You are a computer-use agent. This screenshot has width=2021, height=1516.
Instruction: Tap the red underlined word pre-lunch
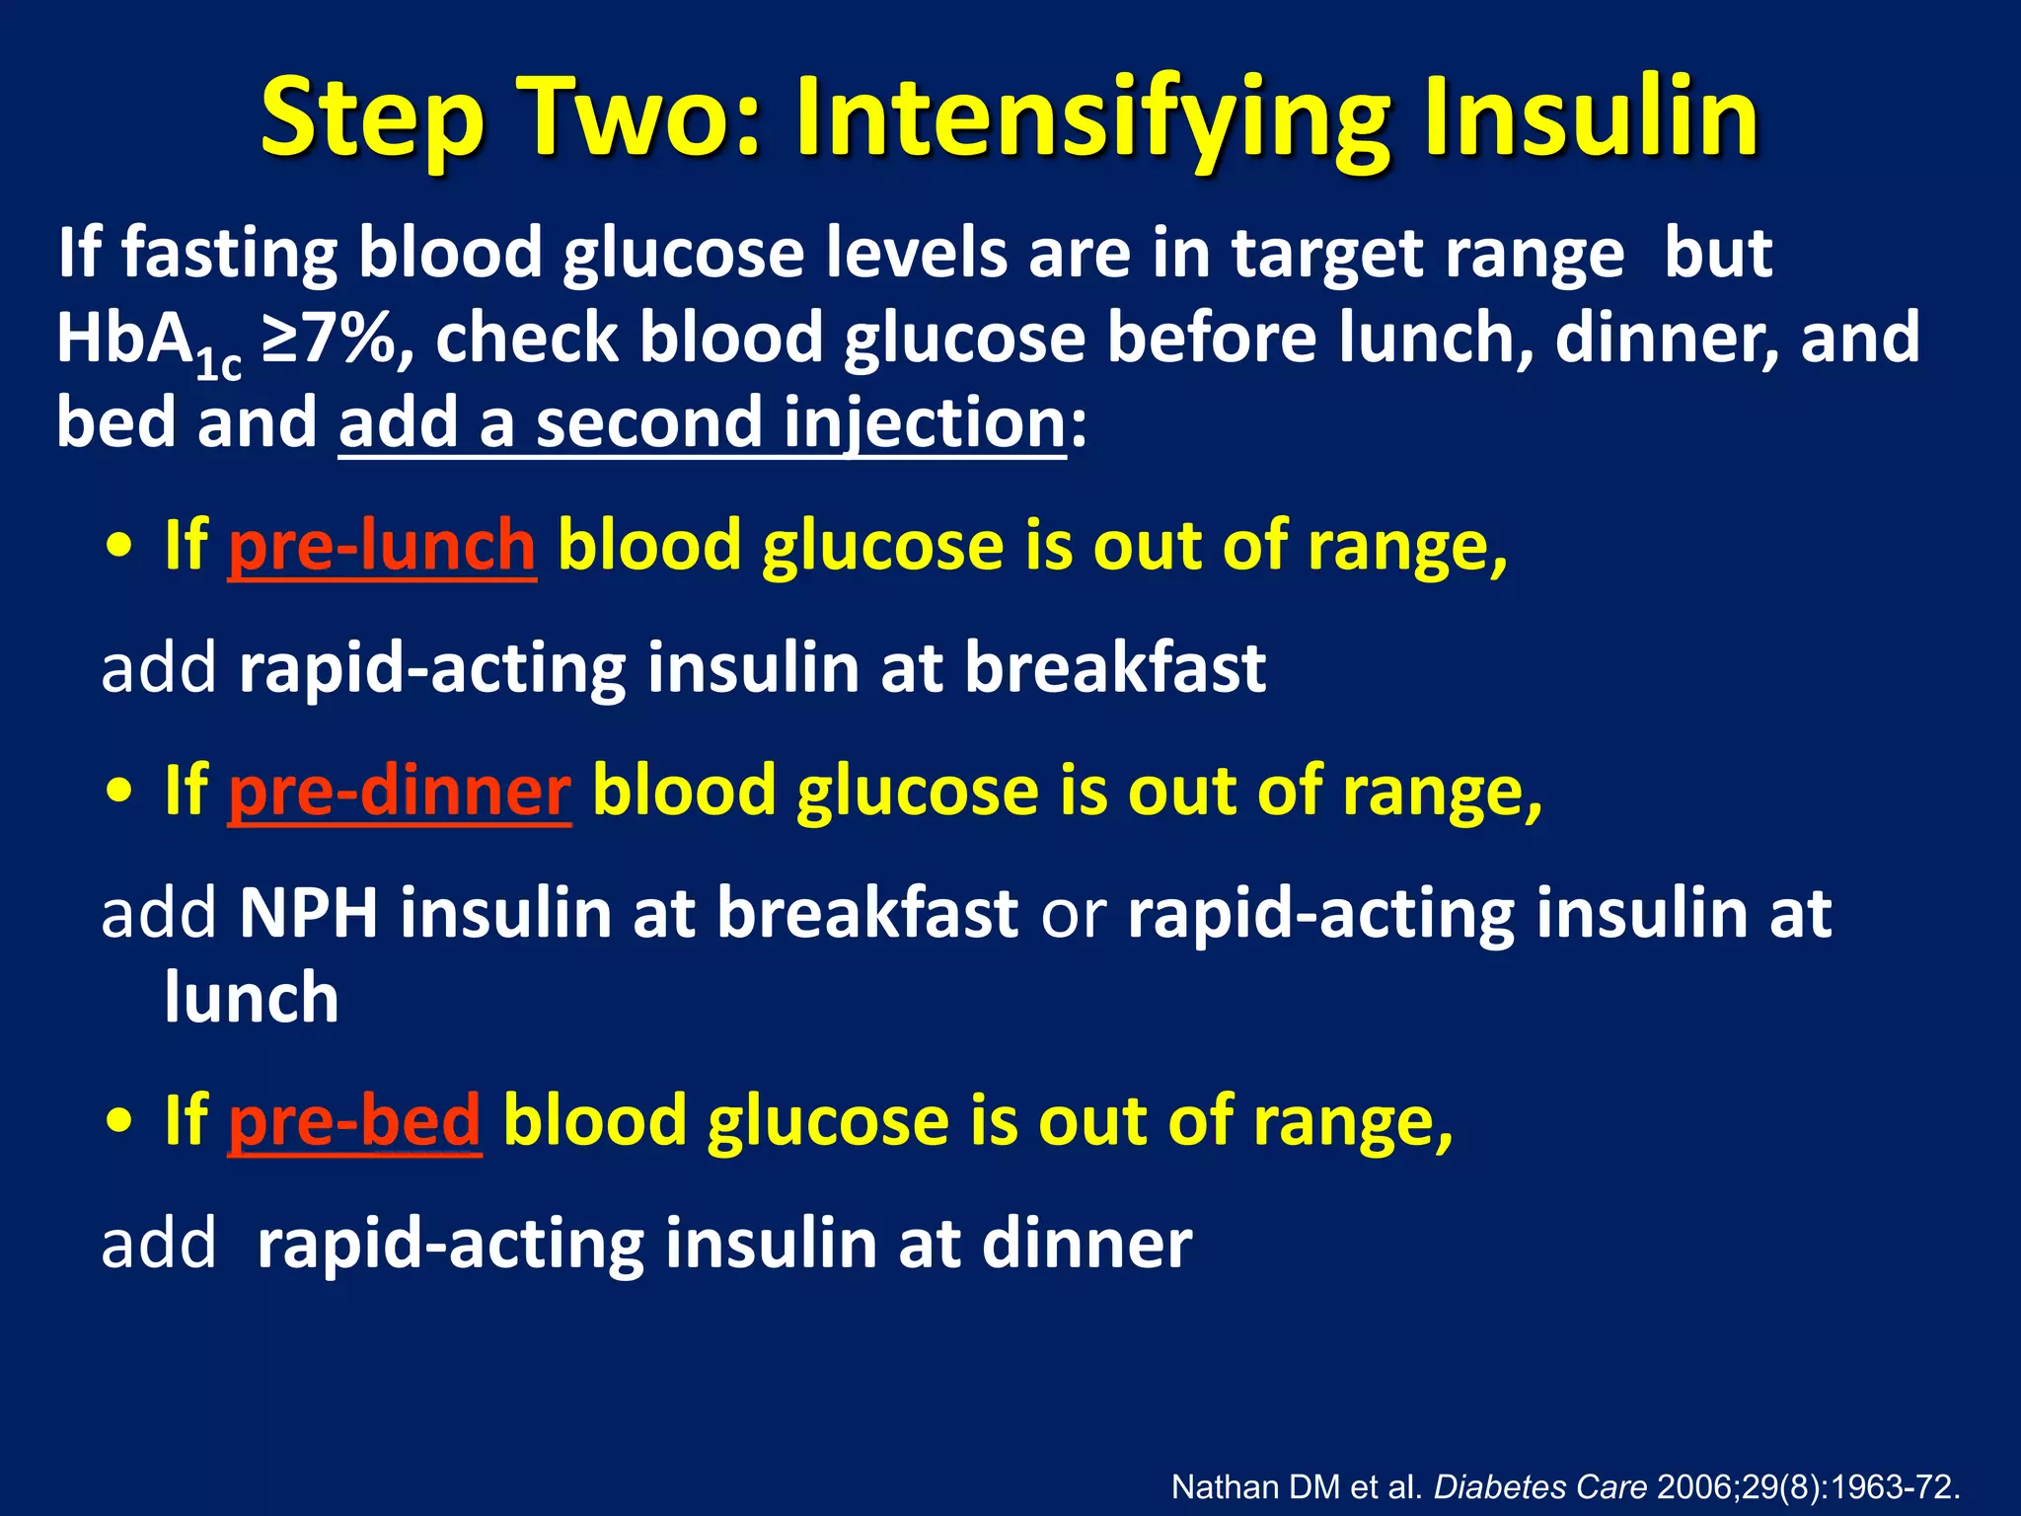382,546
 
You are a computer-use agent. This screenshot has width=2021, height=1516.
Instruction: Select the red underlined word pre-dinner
400,792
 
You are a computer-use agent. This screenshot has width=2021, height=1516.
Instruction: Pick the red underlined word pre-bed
354,1121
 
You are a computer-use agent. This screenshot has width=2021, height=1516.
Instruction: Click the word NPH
309,913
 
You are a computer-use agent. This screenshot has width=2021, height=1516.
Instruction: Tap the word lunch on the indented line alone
252,998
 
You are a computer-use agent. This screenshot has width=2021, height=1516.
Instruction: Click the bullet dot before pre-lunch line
119,548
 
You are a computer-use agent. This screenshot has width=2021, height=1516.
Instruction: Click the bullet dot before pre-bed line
119,1123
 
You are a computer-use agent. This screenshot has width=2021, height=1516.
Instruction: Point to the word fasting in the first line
229,255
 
